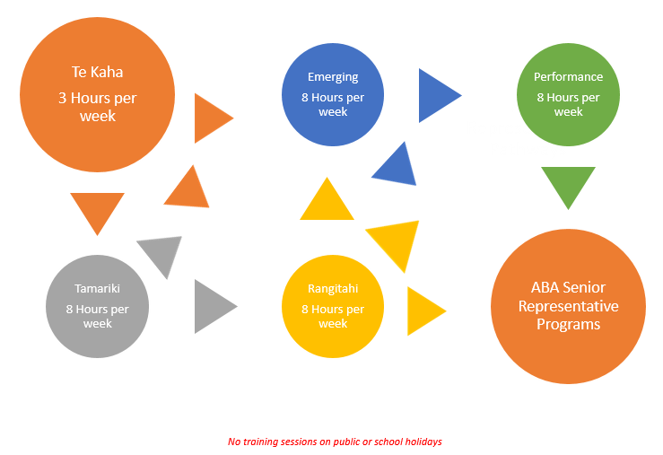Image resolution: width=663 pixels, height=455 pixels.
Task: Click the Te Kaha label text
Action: tap(97, 72)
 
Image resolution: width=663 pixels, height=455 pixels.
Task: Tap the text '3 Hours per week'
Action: tap(97, 107)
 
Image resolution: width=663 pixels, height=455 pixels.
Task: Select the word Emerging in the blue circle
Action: tap(332, 77)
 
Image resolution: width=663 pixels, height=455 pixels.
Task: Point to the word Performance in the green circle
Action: tap(568, 77)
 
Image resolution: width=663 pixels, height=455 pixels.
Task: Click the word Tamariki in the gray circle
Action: tap(97, 289)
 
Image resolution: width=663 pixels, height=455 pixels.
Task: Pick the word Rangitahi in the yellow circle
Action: tap(332, 289)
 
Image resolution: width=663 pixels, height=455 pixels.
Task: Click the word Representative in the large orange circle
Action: tap(568, 306)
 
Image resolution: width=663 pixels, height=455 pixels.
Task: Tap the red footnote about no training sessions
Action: tap(335, 442)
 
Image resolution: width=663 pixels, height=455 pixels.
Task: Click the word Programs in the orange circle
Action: tap(568, 324)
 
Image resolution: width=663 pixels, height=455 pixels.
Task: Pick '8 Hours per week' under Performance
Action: tap(568, 104)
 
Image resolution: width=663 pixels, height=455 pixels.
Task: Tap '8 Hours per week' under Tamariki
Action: tap(97, 316)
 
